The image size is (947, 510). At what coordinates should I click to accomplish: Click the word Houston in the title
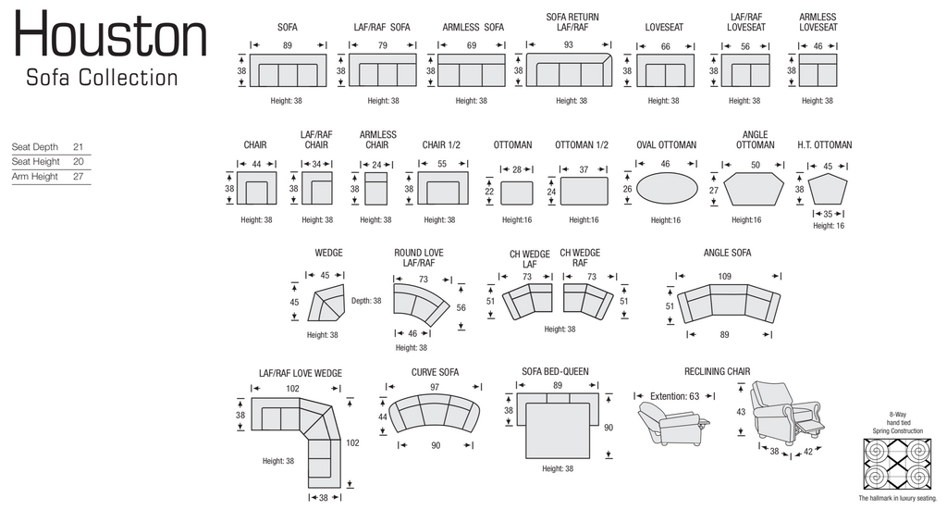point(111,34)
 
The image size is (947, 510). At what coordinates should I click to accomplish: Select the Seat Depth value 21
point(78,147)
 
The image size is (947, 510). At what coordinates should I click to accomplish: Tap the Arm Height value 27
point(78,177)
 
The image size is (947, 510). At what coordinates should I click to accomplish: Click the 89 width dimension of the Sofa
point(288,45)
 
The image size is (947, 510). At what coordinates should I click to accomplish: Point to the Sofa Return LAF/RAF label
point(572,22)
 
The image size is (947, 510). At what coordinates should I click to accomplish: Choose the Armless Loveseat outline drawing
point(818,70)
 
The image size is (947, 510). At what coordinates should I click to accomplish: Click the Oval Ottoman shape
point(667,188)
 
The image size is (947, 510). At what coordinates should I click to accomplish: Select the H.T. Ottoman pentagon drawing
point(828,190)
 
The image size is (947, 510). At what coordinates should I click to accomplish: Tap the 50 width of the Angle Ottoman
point(755,165)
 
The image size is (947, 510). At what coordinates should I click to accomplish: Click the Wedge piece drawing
point(326,303)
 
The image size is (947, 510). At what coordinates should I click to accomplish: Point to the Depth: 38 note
point(366,300)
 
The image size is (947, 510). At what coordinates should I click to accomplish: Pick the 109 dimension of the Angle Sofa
point(725,277)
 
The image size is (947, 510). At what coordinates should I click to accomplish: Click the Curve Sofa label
point(435,372)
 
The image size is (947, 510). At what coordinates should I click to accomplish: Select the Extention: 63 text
point(674,396)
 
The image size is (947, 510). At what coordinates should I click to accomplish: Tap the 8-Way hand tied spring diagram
point(897,464)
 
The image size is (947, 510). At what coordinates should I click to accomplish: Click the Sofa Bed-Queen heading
point(555,371)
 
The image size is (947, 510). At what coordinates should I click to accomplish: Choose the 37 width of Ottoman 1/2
point(584,169)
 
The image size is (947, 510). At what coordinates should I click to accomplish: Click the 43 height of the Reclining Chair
point(741,412)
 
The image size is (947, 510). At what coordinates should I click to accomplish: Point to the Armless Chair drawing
point(375,189)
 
